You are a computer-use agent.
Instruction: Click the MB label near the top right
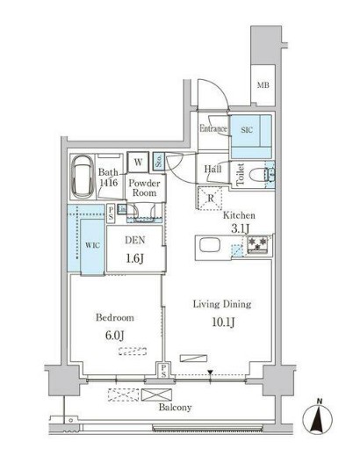point(263,85)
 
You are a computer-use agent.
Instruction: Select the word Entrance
point(213,129)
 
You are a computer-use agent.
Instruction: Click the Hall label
point(212,168)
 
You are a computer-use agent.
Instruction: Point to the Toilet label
point(240,174)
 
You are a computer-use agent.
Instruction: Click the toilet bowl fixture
point(258,174)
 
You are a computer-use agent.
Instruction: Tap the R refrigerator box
point(211,198)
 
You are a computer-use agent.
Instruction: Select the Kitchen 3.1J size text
point(239,229)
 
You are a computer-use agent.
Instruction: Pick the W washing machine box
point(139,162)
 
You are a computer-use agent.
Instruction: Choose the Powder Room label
point(142,188)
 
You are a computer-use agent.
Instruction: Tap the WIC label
point(90,246)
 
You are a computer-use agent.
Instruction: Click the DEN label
point(133,240)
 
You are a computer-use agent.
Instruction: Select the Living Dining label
point(221,304)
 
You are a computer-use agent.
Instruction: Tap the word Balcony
point(176,408)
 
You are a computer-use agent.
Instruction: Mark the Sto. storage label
point(159,161)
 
